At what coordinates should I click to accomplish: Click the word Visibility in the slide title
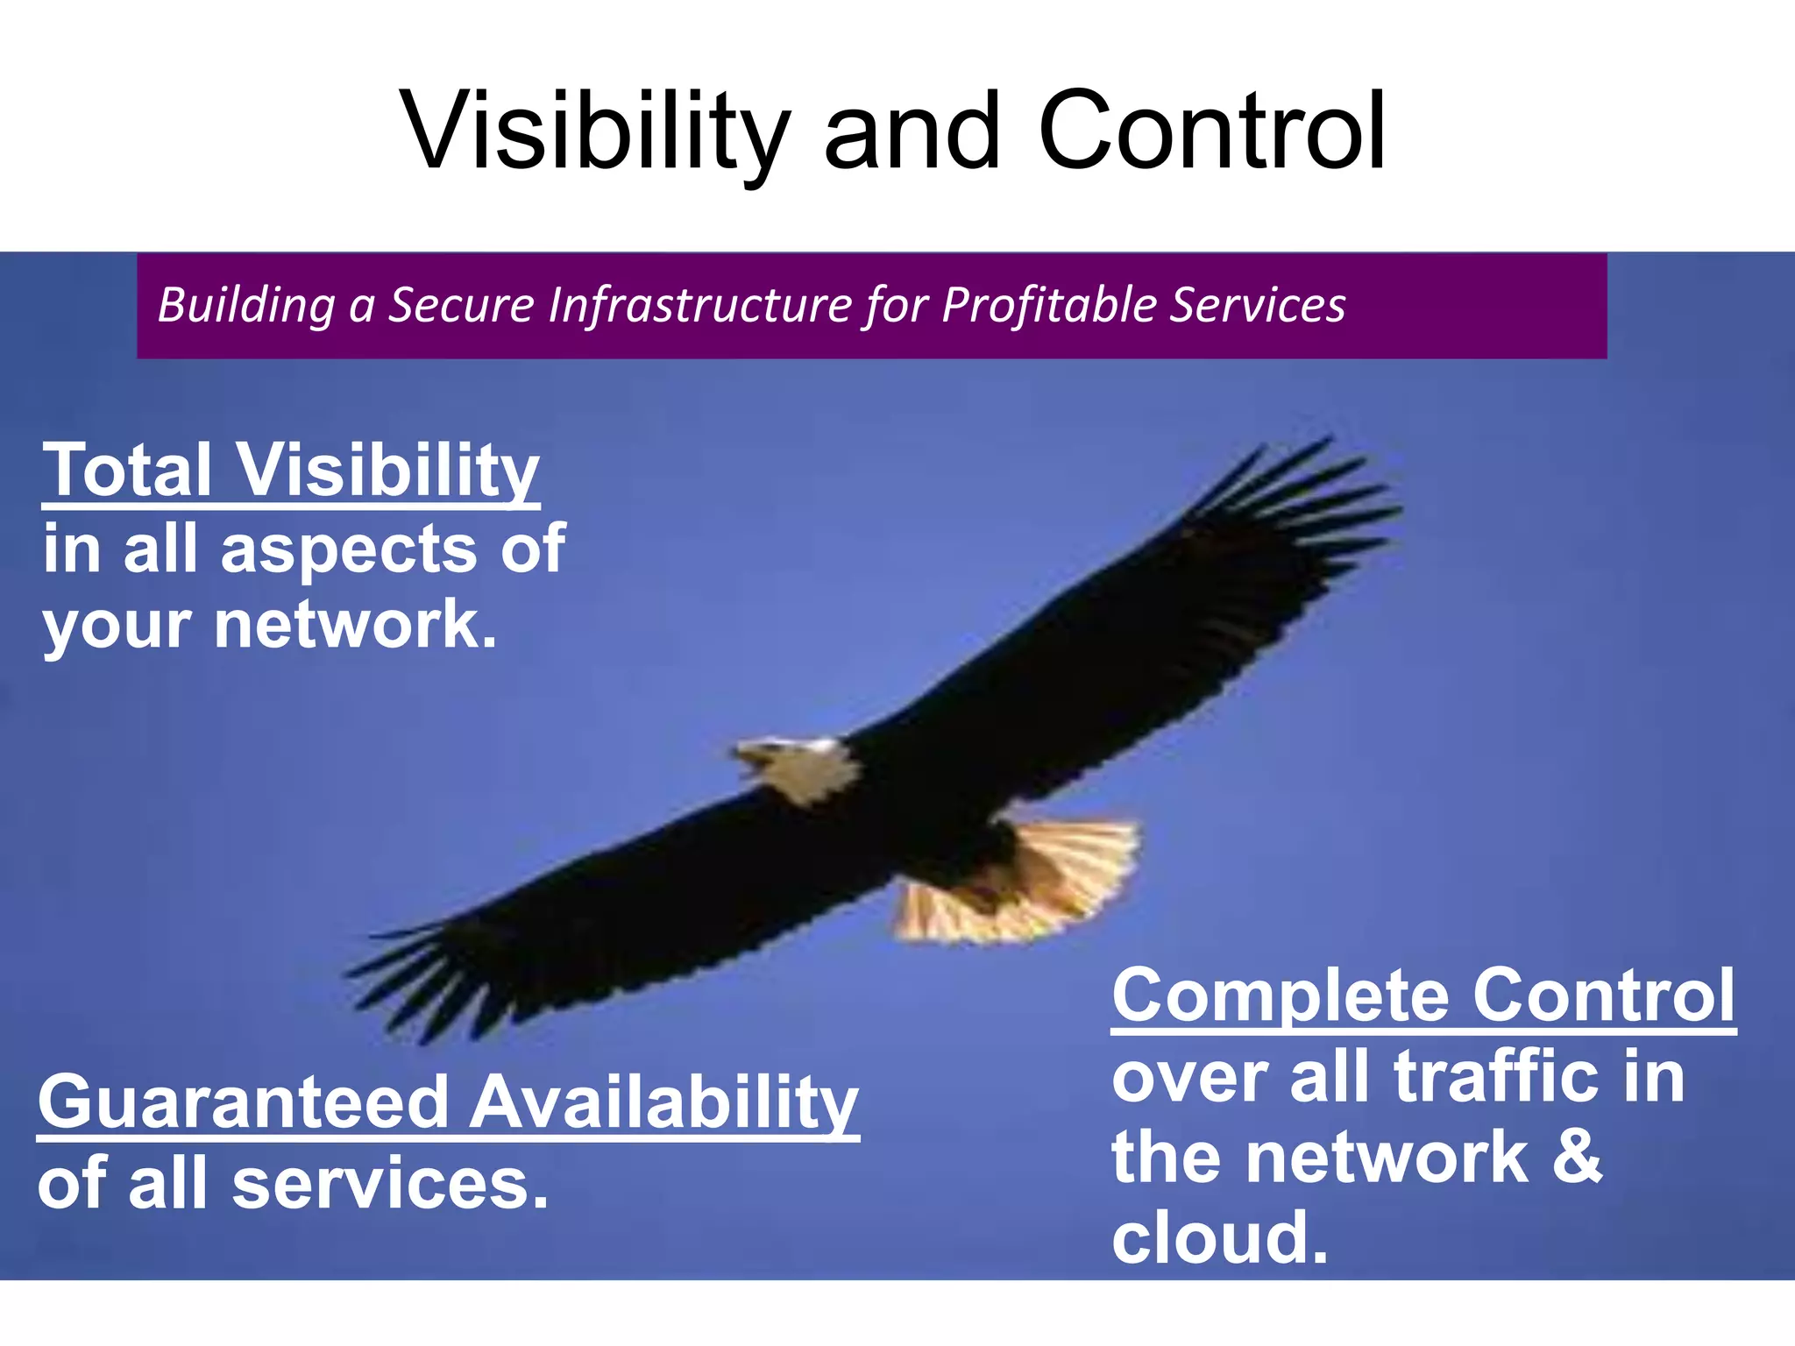tap(596, 131)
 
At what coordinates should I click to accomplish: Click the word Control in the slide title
tap(1211, 131)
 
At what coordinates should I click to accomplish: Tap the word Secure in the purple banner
tap(461, 305)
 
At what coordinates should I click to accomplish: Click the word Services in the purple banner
tap(1258, 305)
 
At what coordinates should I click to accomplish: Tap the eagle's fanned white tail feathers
tap(1034, 885)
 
